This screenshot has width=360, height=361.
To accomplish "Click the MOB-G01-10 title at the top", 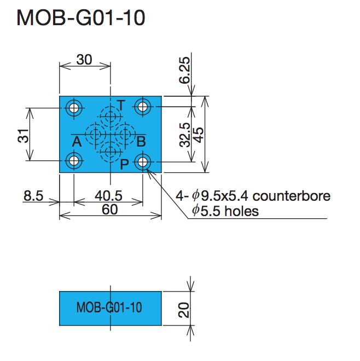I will (x=81, y=19).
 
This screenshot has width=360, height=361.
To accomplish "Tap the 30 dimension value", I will (x=84, y=60).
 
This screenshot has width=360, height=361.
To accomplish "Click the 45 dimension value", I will (x=199, y=135).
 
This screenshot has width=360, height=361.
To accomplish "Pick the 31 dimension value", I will (x=23, y=135).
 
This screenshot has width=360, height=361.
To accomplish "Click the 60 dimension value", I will (x=110, y=210).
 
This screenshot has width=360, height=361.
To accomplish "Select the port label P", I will (x=125, y=162).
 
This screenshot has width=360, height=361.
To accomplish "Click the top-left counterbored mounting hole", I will (x=73, y=107).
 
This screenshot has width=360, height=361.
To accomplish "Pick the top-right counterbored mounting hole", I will (x=143, y=107).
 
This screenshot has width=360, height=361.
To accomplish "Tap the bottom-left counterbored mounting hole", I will (x=73, y=161).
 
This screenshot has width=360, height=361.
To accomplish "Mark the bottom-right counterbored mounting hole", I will (x=143, y=161).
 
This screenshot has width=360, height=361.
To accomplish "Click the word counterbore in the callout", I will (x=292, y=196).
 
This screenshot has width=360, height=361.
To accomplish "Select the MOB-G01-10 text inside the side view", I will (x=109, y=307).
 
